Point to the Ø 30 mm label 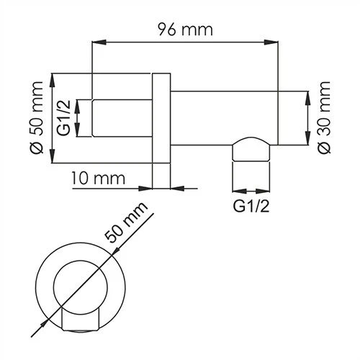click(x=324, y=118)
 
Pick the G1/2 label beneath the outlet click(x=251, y=208)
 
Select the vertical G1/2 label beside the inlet click(x=63, y=118)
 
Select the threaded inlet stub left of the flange click(x=122, y=118)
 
